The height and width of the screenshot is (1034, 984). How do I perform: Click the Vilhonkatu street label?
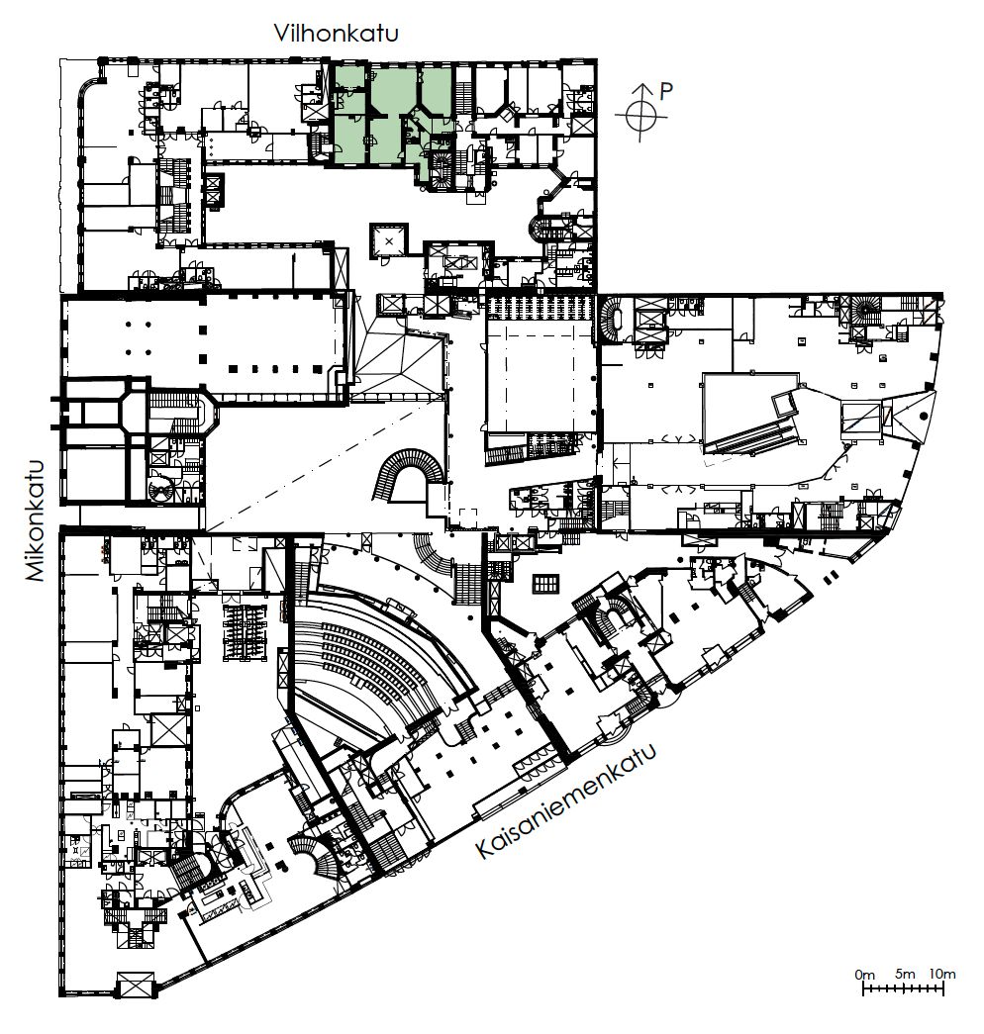click(336, 33)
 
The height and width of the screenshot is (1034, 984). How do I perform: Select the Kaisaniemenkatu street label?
click(566, 800)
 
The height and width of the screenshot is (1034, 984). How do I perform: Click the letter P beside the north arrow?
click(666, 91)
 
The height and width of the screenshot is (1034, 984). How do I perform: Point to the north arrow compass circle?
click(639, 117)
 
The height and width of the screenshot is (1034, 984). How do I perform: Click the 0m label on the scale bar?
click(864, 975)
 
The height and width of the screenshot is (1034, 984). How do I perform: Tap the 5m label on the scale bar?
click(906, 974)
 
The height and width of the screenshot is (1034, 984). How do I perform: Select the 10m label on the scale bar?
click(941, 974)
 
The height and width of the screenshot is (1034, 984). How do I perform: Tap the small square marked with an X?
click(389, 241)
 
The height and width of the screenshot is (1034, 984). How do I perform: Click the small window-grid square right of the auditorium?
click(545, 584)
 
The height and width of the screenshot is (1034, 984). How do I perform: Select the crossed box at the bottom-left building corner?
click(135, 986)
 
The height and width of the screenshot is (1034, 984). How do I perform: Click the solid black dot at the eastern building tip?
click(923, 417)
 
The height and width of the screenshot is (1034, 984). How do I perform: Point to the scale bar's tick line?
click(904, 987)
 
